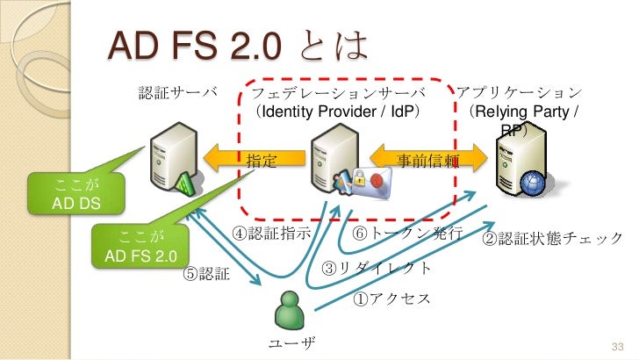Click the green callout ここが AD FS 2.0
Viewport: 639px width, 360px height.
tap(140, 247)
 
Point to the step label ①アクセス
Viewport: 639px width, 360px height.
tap(391, 299)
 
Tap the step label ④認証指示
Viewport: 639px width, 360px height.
tap(272, 234)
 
